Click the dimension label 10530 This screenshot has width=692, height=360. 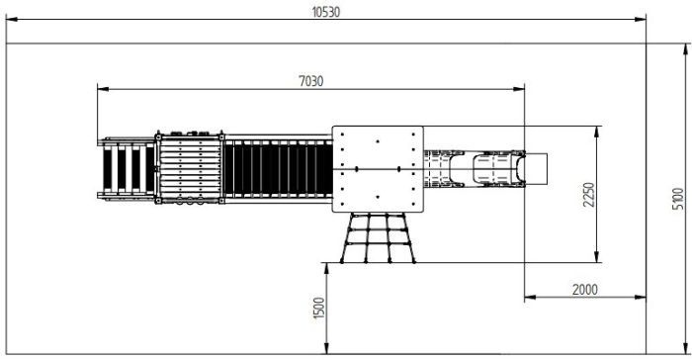pos(326,12)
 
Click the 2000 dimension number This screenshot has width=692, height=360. pos(585,289)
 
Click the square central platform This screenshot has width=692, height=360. pos(377,169)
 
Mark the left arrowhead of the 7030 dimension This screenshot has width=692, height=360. pos(100,89)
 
